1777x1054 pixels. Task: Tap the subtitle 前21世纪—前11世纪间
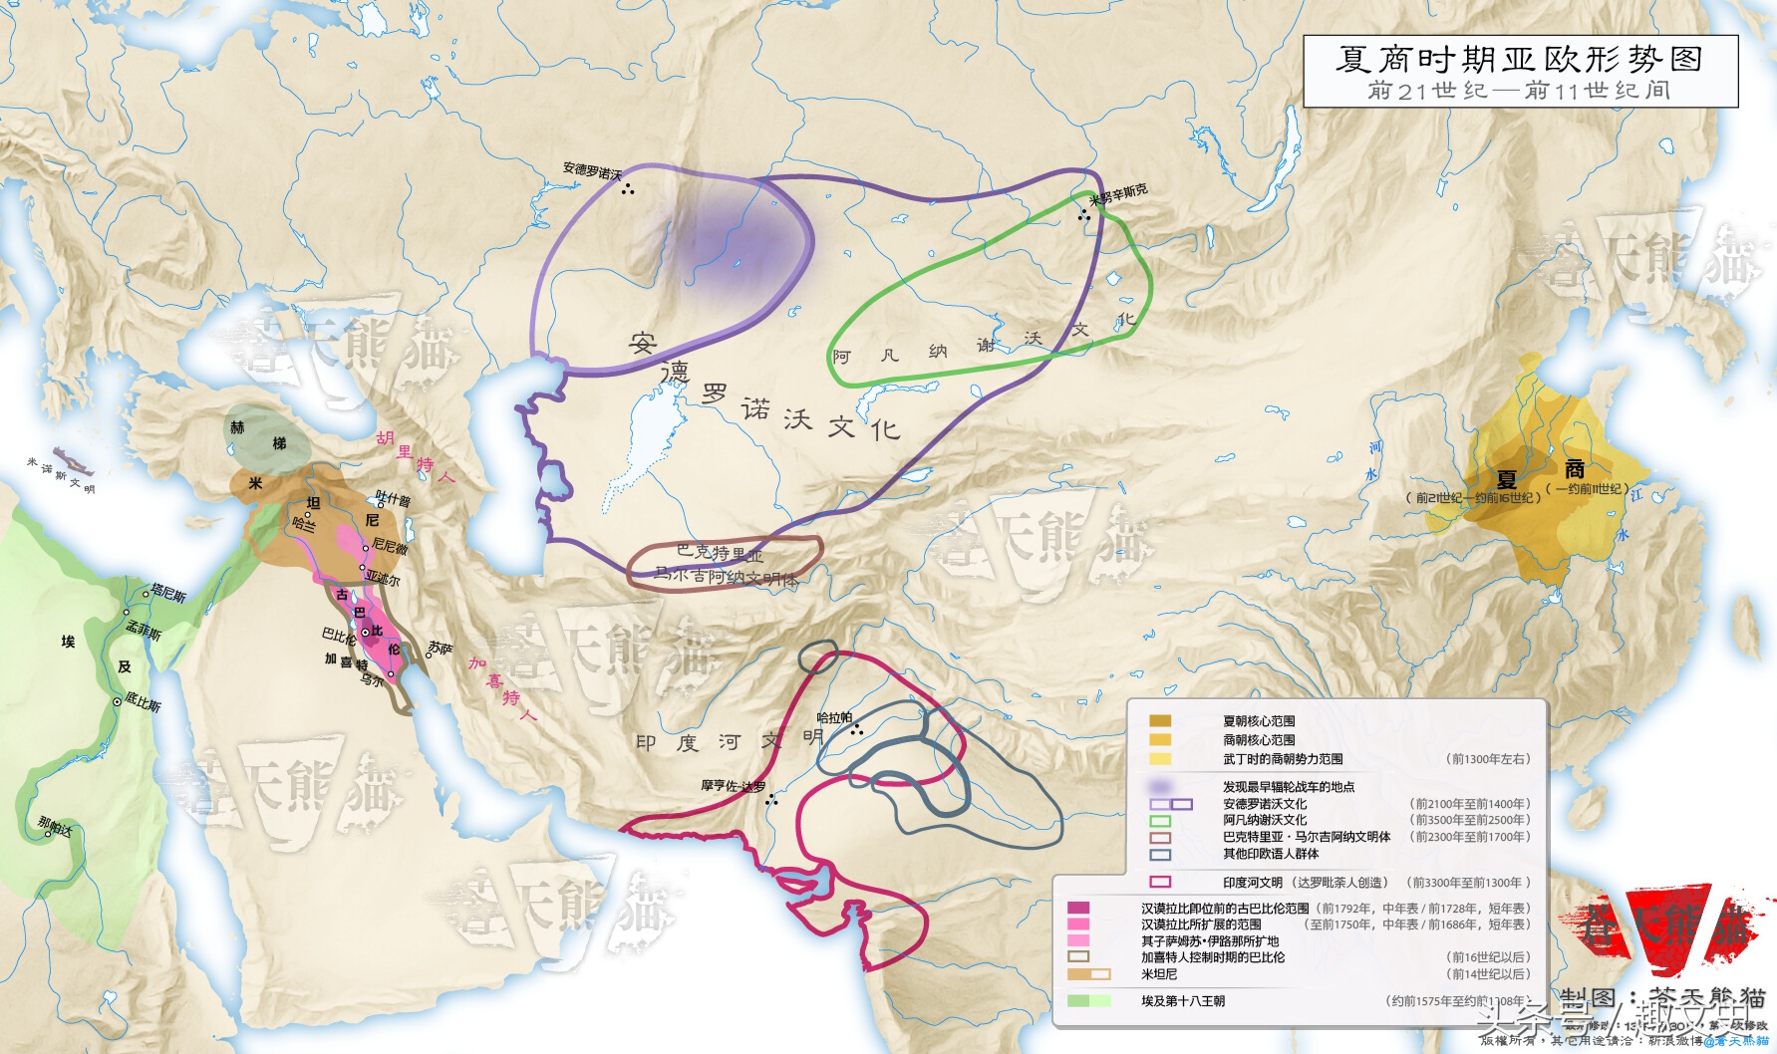click(x=1519, y=91)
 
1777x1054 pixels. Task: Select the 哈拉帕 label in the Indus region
click(x=834, y=717)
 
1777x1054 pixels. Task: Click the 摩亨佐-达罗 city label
click(x=733, y=786)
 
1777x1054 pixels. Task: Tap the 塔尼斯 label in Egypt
click(x=168, y=594)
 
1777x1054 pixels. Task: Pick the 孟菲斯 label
click(x=144, y=630)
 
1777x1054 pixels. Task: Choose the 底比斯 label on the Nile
click(x=143, y=703)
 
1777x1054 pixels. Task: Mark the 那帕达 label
click(x=55, y=826)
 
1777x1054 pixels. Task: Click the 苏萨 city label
click(x=440, y=649)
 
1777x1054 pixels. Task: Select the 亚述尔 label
click(x=383, y=579)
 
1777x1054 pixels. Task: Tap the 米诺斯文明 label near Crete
click(x=60, y=475)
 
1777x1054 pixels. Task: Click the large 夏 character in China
click(x=1506, y=480)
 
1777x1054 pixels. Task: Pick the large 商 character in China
click(x=1575, y=468)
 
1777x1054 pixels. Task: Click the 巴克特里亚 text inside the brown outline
click(x=720, y=553)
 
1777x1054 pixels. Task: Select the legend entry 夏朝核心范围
click(x=1259, y=721)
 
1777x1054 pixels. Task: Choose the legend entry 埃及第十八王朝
click(x=1183, y=1001)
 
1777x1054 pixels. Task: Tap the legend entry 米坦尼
click(x=1159, y=974)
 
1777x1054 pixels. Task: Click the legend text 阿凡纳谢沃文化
click(x=1265, y=820)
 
